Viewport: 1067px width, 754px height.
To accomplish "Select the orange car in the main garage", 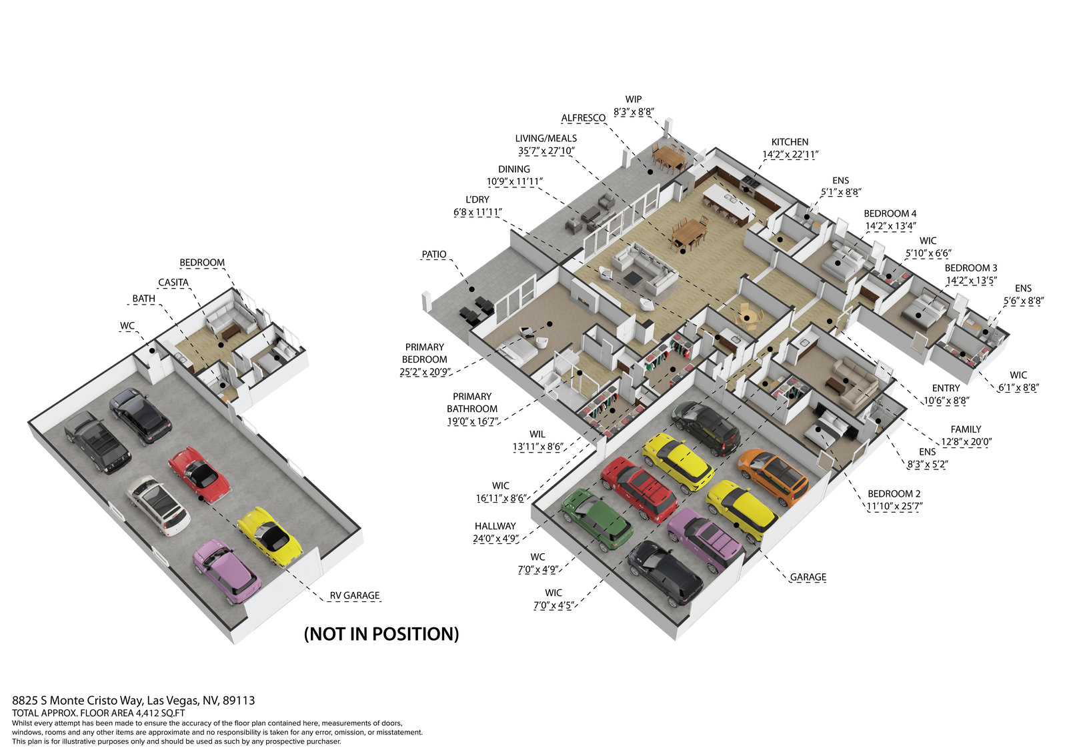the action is click(773, 477).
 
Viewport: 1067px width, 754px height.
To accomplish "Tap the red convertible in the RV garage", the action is click(199, 474).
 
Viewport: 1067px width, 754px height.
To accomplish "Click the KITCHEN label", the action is click(790, 142).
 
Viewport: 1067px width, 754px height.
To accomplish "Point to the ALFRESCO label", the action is click(583, 118).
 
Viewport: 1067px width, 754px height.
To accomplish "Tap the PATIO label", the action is click(433, 255).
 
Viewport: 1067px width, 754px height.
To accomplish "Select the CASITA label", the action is click(173, 283).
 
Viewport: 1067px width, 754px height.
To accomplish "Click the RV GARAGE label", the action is click(354, 595).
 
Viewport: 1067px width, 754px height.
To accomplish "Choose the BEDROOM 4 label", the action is click(890, 213).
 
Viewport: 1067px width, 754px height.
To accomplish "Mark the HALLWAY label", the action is click(495, 526).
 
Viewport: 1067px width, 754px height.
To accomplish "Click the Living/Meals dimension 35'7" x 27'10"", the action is click(547, 151).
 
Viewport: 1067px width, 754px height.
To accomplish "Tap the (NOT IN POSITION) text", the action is click(381, 634).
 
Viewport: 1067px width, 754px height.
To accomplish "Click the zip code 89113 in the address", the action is click(239, 701).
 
